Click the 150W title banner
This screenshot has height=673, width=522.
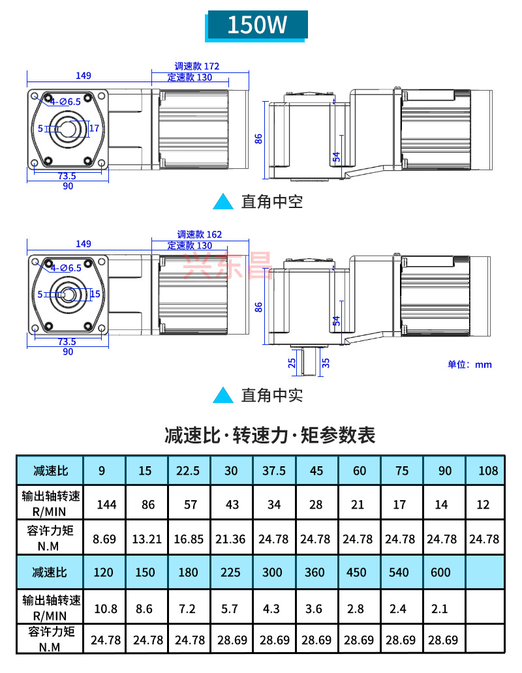[256, 25]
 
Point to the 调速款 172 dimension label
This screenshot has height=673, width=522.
[197, 66]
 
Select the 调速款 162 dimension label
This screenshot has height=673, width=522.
[200, 234]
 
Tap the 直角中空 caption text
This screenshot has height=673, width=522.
[272, 202]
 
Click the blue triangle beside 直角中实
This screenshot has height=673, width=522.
[224, 395]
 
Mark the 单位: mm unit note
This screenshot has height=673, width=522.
[469, 364]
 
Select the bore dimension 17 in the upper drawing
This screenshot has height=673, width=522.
[94, 128]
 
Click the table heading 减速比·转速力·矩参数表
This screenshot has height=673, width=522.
[270, 434]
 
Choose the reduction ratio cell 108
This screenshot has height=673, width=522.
[487, 470]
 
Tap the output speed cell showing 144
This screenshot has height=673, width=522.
[106, 504]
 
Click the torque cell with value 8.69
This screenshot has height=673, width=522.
[104, 539]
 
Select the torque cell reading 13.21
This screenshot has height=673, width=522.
[147, 539]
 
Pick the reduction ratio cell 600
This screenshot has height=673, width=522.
[441, 573]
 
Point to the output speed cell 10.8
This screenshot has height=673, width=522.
[106, 608]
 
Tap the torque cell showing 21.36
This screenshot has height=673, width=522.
[232, 539]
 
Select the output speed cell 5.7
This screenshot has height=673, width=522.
[231, 608]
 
